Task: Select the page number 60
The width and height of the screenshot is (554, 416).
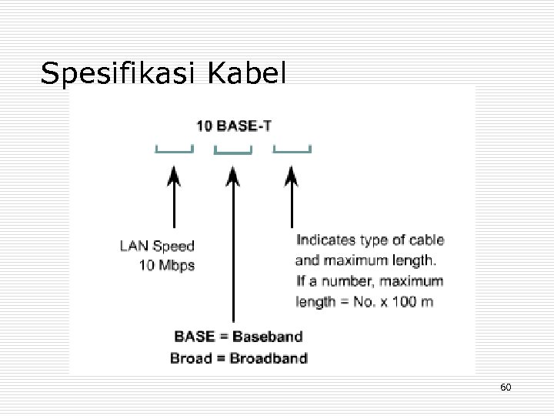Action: pos(506,386)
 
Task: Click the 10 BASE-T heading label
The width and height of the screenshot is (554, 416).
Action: pos(234,126)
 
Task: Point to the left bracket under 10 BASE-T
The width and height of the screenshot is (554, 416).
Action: pos(174,149)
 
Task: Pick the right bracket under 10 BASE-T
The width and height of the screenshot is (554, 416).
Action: pos(292,149)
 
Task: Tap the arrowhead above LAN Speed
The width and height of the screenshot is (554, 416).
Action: pos(175,178)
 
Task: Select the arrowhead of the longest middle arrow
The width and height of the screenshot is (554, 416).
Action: pos(233,178)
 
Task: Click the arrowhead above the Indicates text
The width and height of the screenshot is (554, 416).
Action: pos(292,178)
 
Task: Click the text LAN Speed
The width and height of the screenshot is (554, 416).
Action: pos(157,247)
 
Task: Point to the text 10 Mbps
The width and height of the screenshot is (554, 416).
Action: pos(167,266)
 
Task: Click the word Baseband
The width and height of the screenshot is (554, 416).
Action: pos(267,337)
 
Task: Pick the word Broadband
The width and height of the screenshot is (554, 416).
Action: pos(269,357)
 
